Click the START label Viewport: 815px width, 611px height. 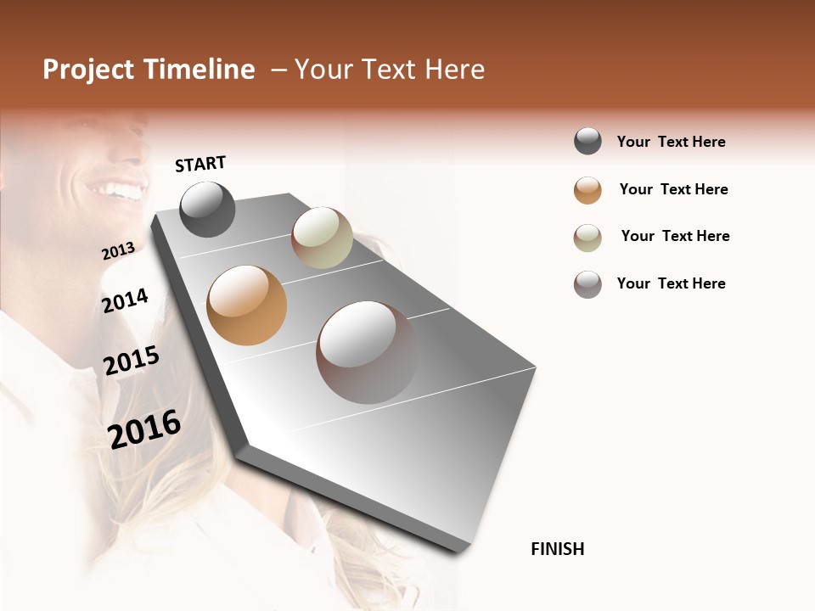coord(200,164)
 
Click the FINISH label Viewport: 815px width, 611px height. coord(557,549)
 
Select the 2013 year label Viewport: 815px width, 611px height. coord(118,251)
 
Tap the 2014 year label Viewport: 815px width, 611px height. coord(125,300)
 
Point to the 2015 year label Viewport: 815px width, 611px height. coord(132,361)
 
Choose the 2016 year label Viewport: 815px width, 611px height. coord(144,429)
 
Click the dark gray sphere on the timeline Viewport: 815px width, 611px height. coord(207,210)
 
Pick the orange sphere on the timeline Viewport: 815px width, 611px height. coord(246,305)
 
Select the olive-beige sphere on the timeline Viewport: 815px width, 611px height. coord(322,238)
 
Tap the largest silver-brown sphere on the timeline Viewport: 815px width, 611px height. coord(367,352)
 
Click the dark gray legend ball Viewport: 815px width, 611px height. coord(587,142)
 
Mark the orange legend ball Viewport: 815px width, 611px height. coord(587,190)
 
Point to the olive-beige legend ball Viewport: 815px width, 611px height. coord(587,238)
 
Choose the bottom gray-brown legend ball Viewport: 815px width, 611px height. coord(587,284)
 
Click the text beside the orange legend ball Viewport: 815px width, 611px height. coord(673,189)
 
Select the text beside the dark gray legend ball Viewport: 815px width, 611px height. coord(671,142)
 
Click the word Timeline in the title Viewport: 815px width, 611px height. coord(199,70)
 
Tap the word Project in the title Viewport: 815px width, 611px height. coord(88,70)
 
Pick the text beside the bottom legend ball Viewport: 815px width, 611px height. coord(671,283)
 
